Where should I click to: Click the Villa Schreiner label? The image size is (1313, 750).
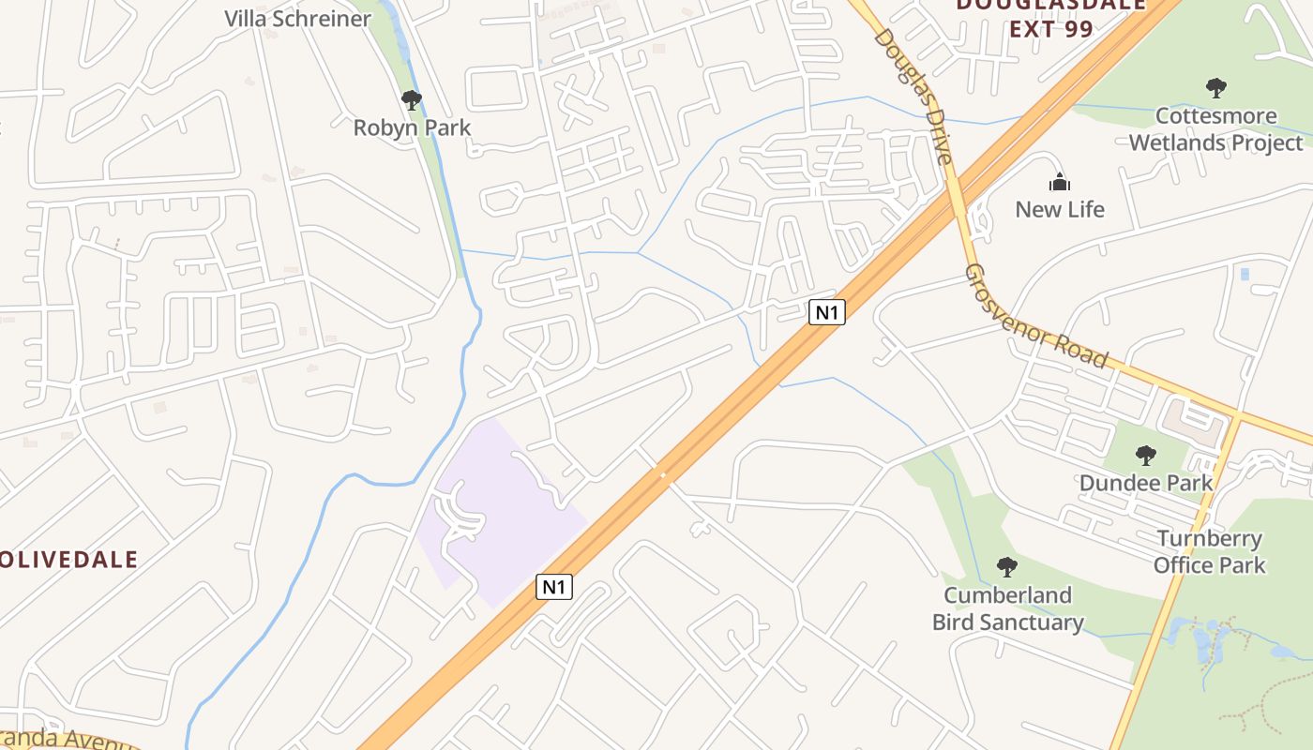tap(297, 18)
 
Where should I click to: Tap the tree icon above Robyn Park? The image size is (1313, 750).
tap(410, 99)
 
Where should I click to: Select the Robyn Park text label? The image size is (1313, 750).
tap(412, 127)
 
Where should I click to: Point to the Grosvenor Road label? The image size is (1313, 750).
tap(1035, 316)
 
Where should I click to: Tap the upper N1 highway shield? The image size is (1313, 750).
tap(826, 312)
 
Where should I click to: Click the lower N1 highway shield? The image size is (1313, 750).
tap(554, 588)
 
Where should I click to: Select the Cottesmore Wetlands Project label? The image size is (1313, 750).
tap(1215, 129)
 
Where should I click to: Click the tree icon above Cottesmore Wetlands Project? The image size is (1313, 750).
tap(1215, 89)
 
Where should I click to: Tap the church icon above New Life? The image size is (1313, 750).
tap(1059, 182)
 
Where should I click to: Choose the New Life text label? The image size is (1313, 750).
tap(1060, 209)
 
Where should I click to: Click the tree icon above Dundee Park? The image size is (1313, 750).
tap(1145, 456)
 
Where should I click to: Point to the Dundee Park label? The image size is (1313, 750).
tap(1145, 483)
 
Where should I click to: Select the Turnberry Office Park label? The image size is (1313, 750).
tap(1209, 552)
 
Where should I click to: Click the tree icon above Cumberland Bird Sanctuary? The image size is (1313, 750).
tap(1007, 566)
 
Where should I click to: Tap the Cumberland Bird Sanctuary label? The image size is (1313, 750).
tap(1007, 608)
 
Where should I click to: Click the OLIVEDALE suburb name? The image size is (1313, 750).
tap(68, 561)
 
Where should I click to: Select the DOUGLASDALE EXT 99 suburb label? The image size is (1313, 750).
tap(1050, 16)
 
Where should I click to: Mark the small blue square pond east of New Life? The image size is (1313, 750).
tap(1245, 274)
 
